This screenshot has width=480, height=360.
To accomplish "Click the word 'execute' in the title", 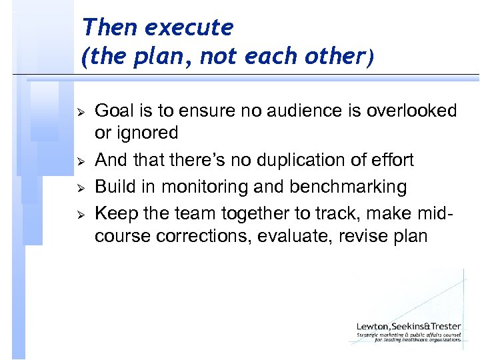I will click(189, 28).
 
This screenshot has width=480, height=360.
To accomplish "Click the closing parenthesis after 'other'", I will click(369, 58).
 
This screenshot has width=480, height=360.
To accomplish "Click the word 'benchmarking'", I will click(348, 187).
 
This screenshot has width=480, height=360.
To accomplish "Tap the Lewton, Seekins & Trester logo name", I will click(408, 326).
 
